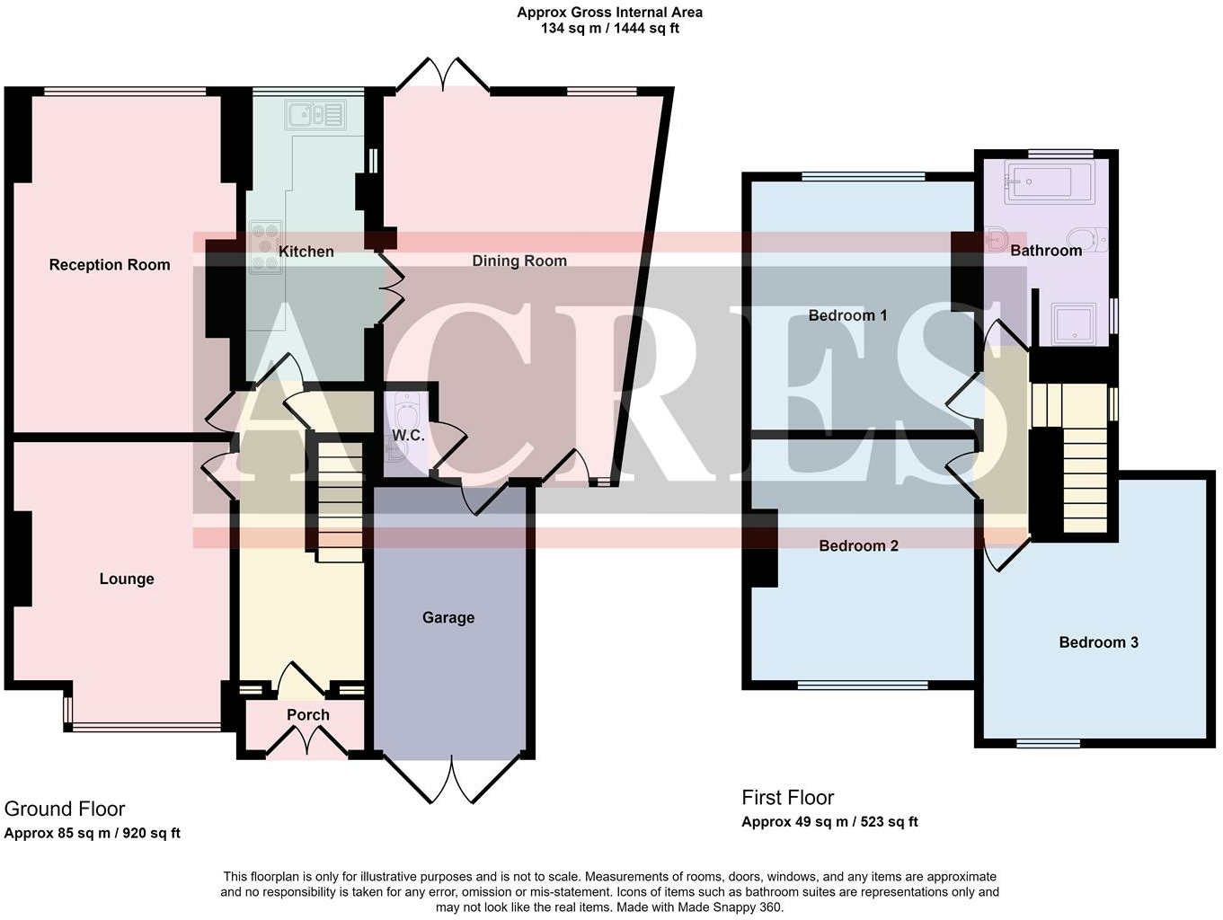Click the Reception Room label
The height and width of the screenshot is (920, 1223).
tap(110, 265)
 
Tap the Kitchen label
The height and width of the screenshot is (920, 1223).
tap(306, 252)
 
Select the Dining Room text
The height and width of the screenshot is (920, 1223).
tap(519, 261)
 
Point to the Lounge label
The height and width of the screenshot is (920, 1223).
tap(127, 579)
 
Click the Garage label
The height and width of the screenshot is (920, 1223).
tap(448, 617)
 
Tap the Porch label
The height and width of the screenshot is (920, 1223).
tap(308, 714)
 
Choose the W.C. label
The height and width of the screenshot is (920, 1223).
tap(408, 435)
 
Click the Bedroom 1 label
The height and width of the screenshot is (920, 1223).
tap(847, 315)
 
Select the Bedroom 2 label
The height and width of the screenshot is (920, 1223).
tap(858, 545)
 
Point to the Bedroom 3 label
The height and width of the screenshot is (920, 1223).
tap(1098, 642)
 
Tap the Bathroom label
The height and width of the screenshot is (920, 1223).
tap(1046, 251)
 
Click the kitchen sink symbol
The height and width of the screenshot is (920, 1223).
tap(315, 115)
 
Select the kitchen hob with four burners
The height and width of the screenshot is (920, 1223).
tap(266, 248)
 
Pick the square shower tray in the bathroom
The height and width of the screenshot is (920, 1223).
tap(1074, 323)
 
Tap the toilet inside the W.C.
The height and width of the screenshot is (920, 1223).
tap(407, 411)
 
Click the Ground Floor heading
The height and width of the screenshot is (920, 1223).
tap(65, 809)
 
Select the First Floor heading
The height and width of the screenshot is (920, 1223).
tap(788, 798)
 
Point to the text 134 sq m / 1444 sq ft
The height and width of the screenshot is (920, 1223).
tap(609, 29)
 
